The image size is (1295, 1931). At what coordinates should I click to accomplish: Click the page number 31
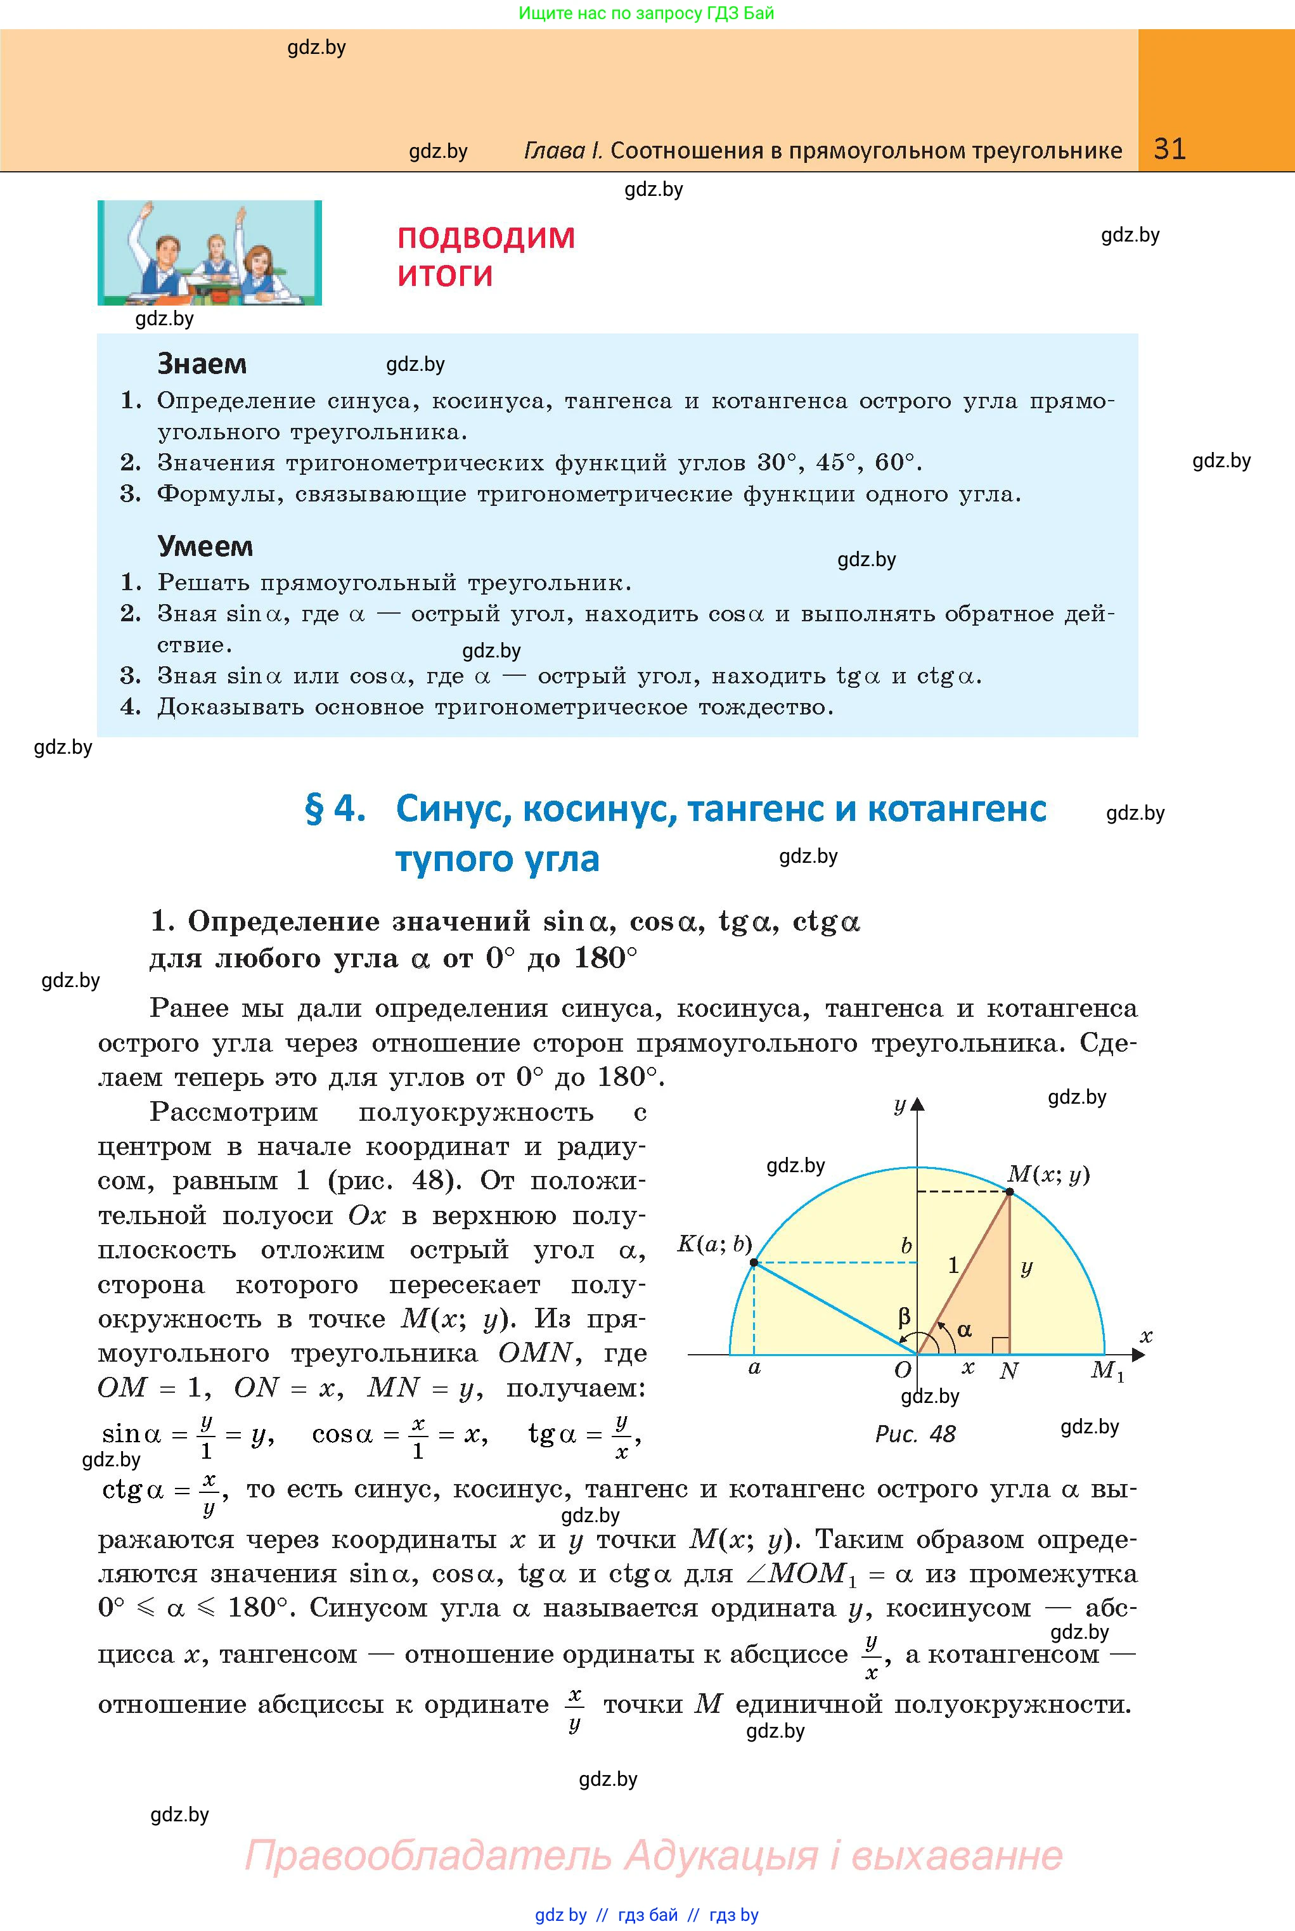1169,149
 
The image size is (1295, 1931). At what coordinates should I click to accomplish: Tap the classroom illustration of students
210,253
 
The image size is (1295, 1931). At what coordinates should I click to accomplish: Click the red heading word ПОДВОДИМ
486,238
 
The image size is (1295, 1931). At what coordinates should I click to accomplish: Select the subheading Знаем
202,363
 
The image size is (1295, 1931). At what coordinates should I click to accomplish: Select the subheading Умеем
205,546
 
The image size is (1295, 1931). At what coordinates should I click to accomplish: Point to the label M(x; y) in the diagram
1048,1175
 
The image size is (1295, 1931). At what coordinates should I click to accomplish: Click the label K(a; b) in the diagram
714,1244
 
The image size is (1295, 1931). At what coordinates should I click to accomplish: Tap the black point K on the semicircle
753,1263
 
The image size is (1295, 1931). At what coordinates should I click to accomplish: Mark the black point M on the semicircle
1009,1192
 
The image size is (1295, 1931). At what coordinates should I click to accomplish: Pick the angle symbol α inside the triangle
964,1329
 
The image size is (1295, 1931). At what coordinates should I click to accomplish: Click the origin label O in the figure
903,1370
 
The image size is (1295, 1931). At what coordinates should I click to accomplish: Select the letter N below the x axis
1008,1372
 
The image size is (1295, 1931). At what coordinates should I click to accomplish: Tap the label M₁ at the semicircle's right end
1107,1370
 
